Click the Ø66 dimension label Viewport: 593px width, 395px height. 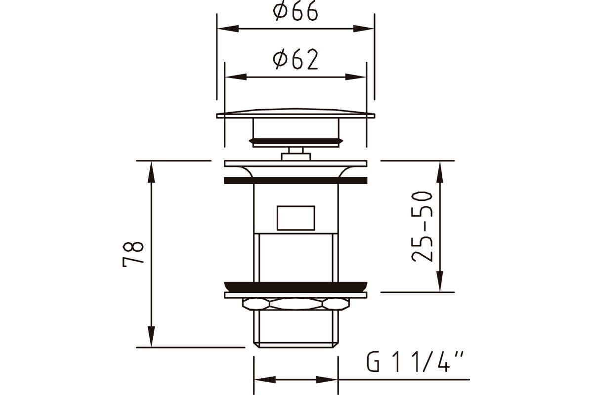(x=296, y=13)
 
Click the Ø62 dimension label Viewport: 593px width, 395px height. (x=296, y=60)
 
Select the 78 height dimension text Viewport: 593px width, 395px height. (x=133, y=254)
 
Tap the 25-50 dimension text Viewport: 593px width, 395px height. (x=423, y=226)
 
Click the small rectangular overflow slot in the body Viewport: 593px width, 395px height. (x=296, y=218)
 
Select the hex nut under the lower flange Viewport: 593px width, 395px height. (x=296, y=304)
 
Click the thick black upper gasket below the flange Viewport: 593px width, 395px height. (x=296, y=180)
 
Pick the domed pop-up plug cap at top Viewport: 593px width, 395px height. (x=296, y=113)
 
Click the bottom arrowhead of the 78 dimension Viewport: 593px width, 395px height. (x=152, y=339)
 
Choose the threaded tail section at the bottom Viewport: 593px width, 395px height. (x=296, y=328)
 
